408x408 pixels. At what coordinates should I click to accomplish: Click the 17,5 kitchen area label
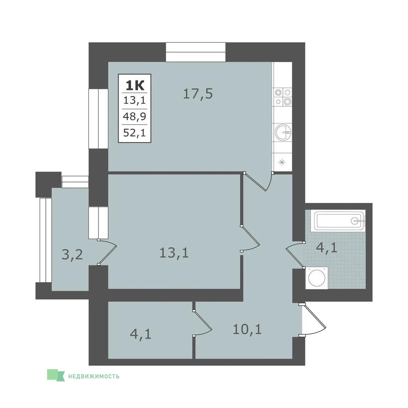point(198,94)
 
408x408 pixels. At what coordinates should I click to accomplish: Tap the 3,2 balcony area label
point(72,254)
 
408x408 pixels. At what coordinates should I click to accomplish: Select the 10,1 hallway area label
point(247,329)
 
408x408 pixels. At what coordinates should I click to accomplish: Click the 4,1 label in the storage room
point(141,334)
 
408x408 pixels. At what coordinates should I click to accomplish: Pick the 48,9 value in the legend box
point(135,116)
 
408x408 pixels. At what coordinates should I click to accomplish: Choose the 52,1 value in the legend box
point(135,133)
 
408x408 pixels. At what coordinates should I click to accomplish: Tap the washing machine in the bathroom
point(317,278)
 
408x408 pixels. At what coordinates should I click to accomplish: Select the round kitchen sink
point(283,132)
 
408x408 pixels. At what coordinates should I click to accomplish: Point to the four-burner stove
point(283,97)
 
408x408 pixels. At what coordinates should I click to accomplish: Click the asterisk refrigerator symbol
point(282,163)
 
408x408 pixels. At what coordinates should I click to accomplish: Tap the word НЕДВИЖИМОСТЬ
point(94,376)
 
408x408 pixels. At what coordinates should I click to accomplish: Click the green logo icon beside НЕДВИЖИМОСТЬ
point(55,375)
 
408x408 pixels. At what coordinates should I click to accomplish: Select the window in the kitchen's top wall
point(196,52)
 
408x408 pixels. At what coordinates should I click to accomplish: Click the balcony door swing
point(107,252)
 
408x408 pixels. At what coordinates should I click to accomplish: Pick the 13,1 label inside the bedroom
point(174,253)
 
